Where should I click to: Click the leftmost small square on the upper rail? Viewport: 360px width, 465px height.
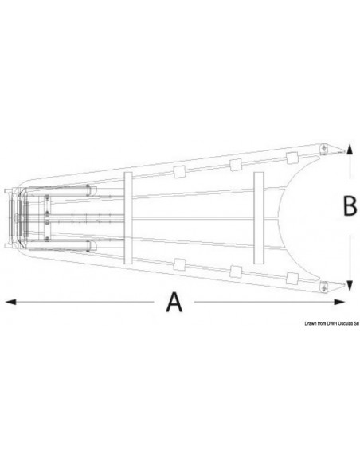(x=179, y=170)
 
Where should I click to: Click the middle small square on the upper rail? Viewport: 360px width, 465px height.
(x=235, y=165)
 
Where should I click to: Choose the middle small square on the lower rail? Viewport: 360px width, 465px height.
(x=235, y=272)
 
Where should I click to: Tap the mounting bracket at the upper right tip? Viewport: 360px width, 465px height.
(x=325, y=149)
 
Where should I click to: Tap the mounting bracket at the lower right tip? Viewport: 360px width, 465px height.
(x=325, y=283)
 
